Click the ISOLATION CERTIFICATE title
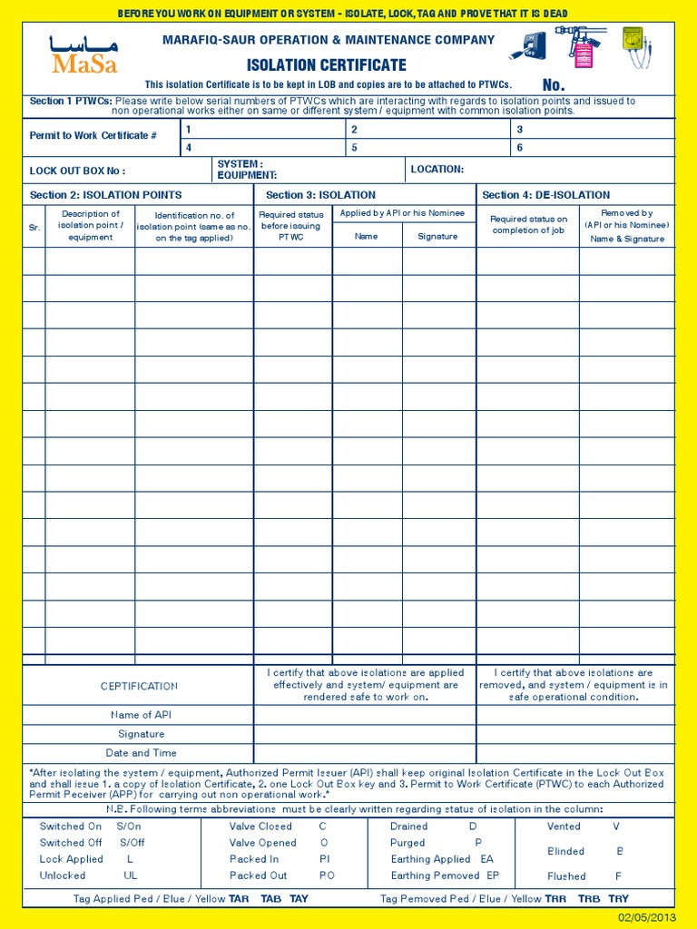pos(326,65)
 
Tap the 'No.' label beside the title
pos(554,84)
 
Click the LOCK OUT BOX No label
pos(77,171)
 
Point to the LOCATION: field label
pos(437,169)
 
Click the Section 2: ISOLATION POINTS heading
pos(105,195)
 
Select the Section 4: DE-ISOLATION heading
pos(546,195)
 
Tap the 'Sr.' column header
pos(34,227)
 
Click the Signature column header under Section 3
pos(438,236)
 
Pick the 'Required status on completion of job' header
pos(528,225)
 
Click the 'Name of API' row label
pos(141,715)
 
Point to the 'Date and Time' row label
pos(141,753)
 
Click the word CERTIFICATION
pos(139,687)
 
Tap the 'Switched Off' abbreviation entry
pos(92,843)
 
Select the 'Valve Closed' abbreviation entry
pos(278,826)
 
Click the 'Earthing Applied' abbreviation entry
pos(442,859)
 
